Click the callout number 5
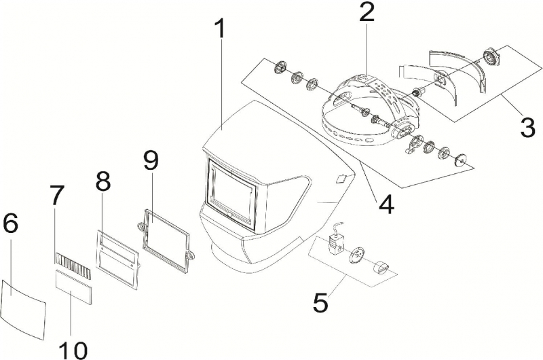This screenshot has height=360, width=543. (320, 301)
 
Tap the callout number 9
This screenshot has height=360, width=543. (150, 161)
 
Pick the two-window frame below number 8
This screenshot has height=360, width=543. (117, 259)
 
